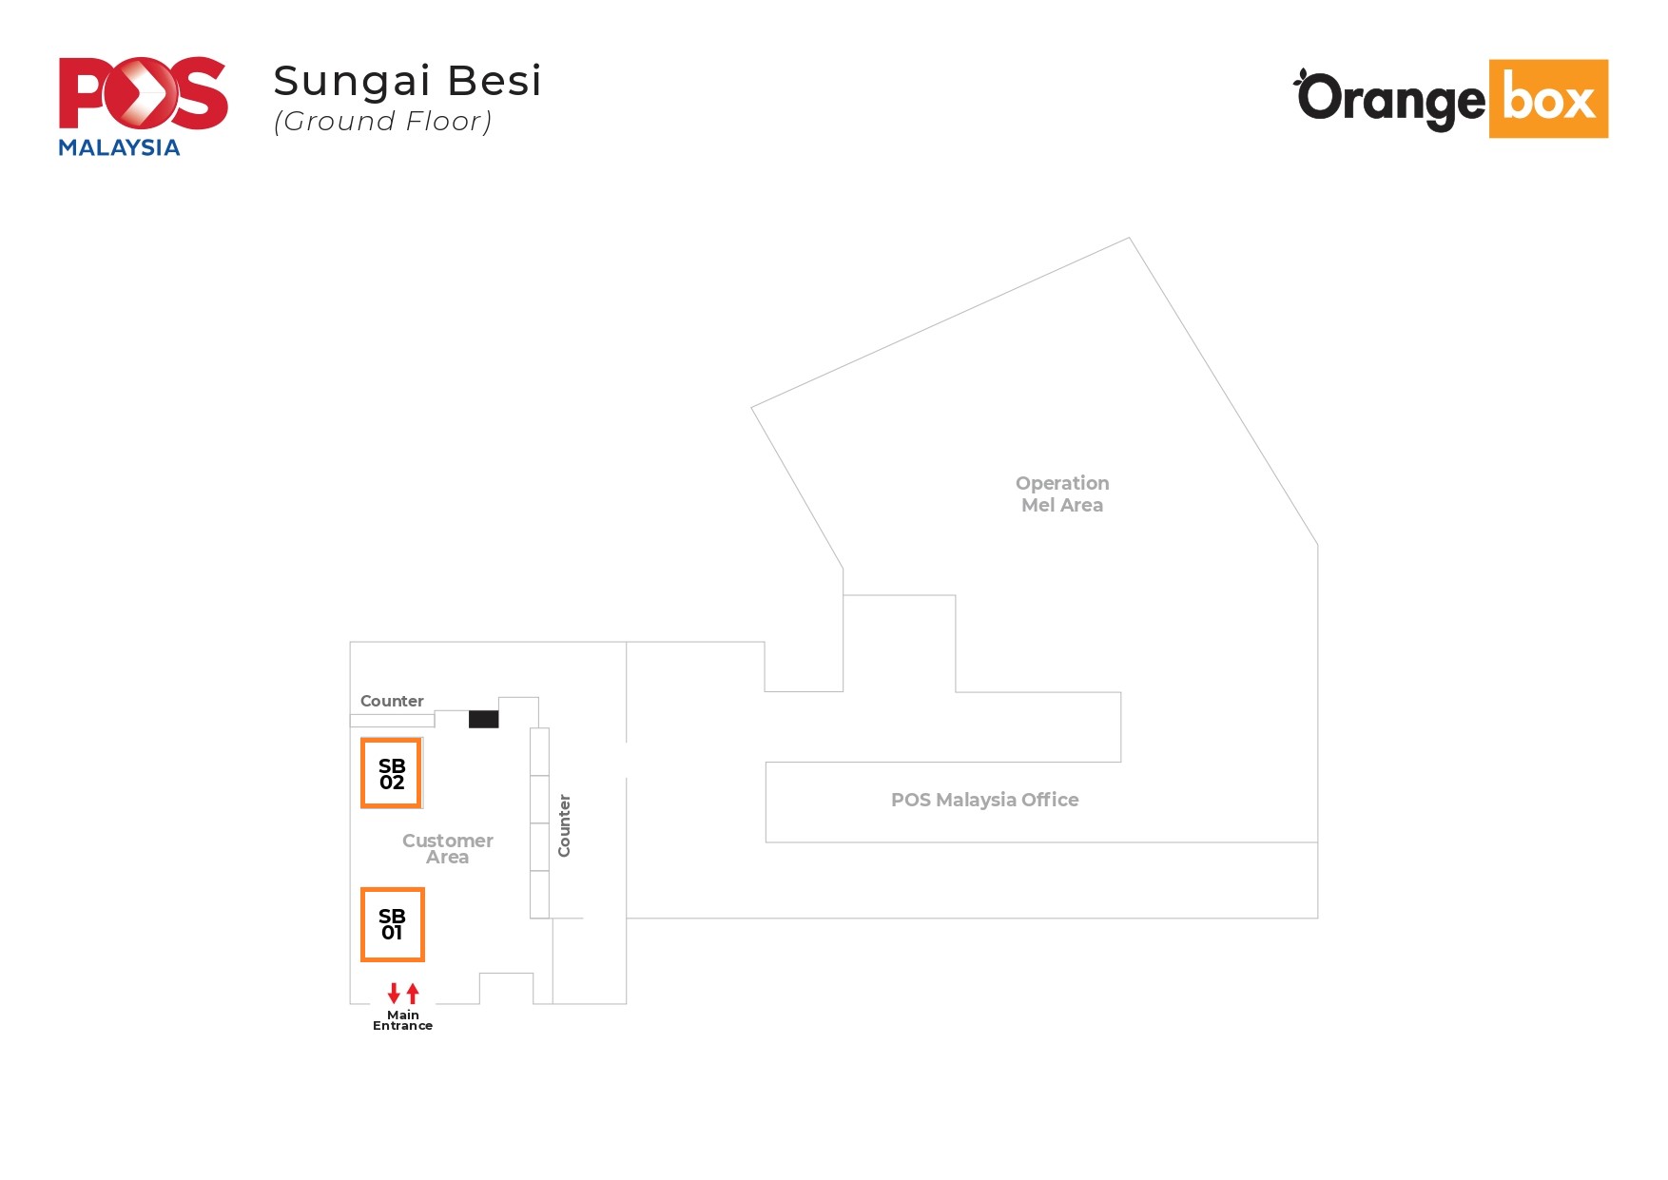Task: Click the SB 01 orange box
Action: point(392,924)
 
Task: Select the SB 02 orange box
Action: point(391,773)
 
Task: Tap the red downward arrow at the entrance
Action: point(394,994)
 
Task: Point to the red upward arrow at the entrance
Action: point(413,994)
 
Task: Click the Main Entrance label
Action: point(402,1020)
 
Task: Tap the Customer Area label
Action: point(447,848)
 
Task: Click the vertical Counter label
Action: point(564,825)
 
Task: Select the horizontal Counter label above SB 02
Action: point(392,701)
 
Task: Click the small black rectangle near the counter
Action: point(483,719)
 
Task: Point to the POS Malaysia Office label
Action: point(984,800)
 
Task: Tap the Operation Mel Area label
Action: point(1061,493)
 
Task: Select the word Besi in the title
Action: point(494,81)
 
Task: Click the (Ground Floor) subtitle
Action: point(382,122)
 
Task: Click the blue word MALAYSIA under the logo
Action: point(119,147)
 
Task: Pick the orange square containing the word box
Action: point(1547,99)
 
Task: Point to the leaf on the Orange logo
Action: point(1301,75)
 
